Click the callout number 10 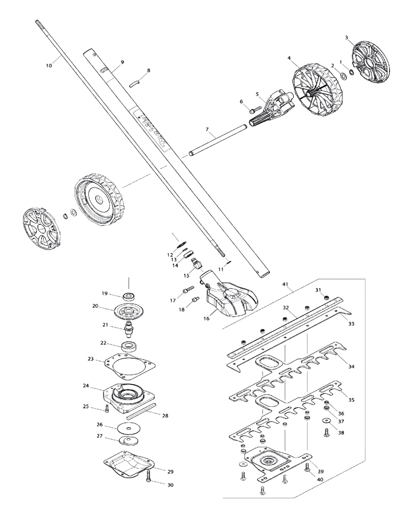49,65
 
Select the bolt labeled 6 253,111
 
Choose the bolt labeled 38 326,432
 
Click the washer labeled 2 344,76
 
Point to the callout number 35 352,400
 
